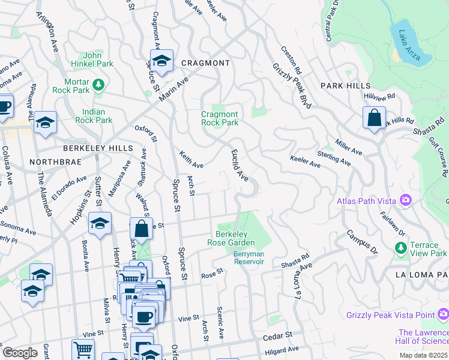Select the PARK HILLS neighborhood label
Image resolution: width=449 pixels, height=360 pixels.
pos(345,86)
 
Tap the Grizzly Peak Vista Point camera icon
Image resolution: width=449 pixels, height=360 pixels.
pos(443,314)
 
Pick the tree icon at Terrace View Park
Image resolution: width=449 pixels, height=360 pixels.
pos(400,248)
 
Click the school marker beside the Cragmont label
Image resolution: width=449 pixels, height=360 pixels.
pos(161,60)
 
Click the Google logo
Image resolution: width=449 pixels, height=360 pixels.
pos(20,353)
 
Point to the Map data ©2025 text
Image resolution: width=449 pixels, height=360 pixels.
pos(423,355)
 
